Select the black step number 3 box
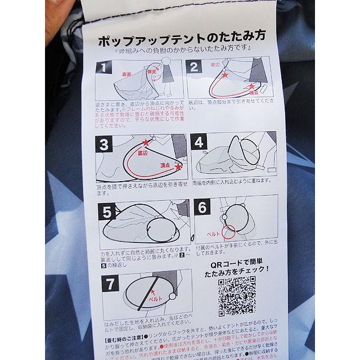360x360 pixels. point(103,144)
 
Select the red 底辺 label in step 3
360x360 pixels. point(142,153)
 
